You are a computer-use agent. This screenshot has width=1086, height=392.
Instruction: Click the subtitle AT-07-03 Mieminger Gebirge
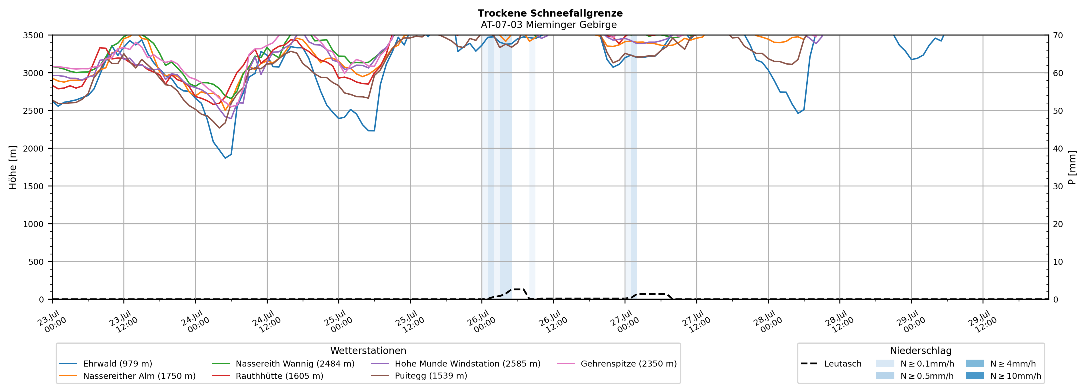[x=549, y=25]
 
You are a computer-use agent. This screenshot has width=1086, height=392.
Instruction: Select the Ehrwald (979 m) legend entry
[x=105, y=364]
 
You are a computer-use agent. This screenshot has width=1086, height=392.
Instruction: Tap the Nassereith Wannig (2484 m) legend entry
[x=283, y=364]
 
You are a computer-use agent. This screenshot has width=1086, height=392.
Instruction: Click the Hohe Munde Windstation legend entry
[x=455, y=364]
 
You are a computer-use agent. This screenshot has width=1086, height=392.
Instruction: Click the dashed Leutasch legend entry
[x=831, y=364]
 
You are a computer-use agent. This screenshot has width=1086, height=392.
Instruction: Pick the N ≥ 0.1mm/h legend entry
[x=915, y=364]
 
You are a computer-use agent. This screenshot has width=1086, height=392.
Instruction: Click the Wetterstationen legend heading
[x=368, y=351]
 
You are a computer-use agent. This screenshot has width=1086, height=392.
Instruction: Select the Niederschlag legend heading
[x=921, y=351]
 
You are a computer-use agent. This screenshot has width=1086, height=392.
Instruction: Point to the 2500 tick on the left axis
[x=33, y=111]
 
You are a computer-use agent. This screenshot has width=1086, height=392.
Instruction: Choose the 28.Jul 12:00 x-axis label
[x=839, y=322]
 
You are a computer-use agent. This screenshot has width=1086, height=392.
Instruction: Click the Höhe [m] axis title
[x=13, y=167]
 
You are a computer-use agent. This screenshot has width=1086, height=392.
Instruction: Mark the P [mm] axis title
[x=1072, y=167]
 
